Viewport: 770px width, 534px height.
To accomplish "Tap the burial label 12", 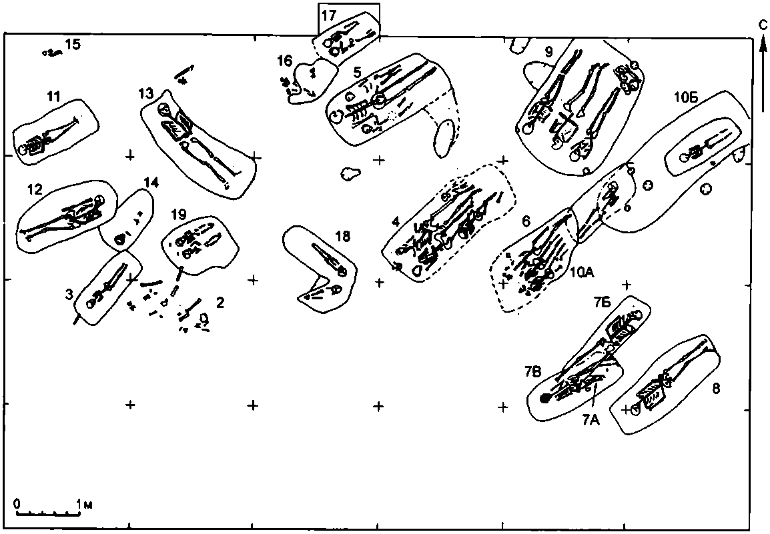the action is click(x=35, y=189).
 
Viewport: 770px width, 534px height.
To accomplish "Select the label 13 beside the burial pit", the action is click(x=146, y=93).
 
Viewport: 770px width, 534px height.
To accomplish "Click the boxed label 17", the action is click(x=328, y=15).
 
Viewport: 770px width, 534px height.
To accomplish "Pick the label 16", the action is click(x=284, y=61).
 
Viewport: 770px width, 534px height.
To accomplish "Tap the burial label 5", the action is click(x=357, y=72).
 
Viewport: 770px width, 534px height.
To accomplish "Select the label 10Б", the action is click(x=685, y=98).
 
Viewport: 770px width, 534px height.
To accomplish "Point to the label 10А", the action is click(x=583, y=273).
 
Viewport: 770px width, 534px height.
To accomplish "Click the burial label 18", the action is click(x=343, y=237).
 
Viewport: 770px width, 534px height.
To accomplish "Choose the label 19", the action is click(x=179, y=215).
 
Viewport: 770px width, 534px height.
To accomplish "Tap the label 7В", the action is click(x=533, y=372).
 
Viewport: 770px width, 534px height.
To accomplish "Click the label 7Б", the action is click(x=602, y=303).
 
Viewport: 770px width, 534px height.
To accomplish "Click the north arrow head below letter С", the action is click(x=763, y=47).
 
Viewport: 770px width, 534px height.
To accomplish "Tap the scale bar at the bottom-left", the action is click(x=48, y=514).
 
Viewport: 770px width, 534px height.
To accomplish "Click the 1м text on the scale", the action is click(x=85, y=504).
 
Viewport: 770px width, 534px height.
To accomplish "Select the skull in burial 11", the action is click(x=23, y=149).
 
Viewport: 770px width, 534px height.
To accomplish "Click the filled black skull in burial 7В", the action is click(x=544, y=399).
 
